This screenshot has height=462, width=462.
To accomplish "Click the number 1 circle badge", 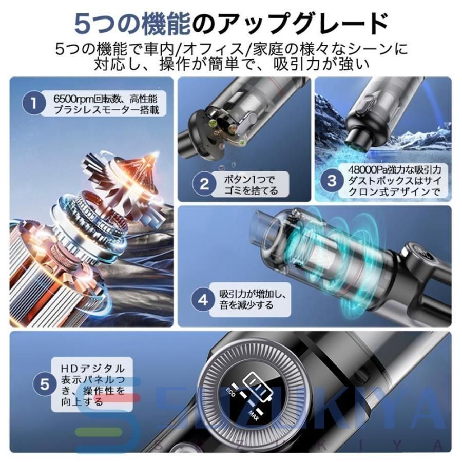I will [34, 103].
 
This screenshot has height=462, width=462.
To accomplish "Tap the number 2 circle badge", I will [204, 184].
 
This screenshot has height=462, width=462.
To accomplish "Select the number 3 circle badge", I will [332, 180].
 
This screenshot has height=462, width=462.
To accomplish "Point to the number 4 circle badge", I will [204, 300].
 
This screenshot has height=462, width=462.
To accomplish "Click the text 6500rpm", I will [71, 98].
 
